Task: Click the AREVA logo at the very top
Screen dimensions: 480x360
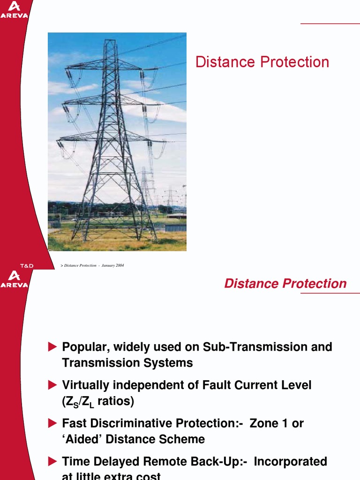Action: point(14,9)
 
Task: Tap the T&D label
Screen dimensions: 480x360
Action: point(25,266)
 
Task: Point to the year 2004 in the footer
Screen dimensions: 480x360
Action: point(120,266)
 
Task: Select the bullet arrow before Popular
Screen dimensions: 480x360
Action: point(52,347)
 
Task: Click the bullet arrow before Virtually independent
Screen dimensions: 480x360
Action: point(52,385)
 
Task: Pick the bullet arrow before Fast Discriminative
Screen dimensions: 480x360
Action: point(52,423)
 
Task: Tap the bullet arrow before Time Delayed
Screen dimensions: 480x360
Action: point(52,461)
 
